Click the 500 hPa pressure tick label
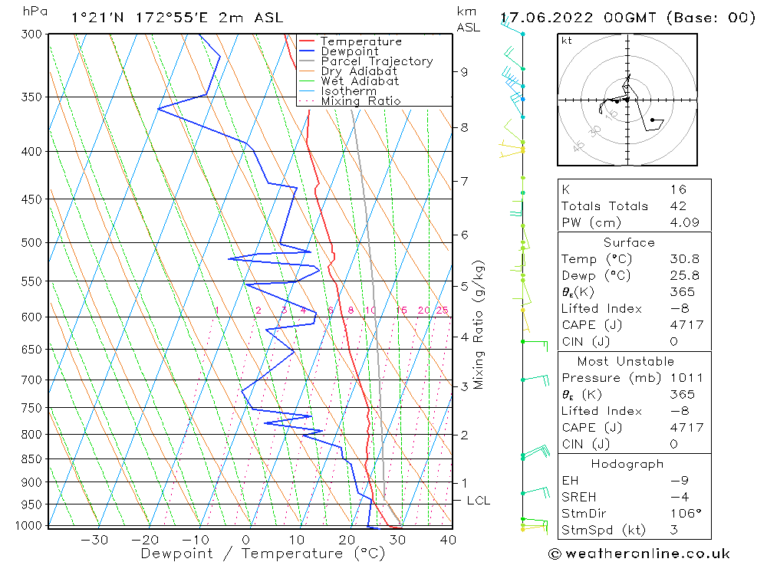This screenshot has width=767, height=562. coord(31,242)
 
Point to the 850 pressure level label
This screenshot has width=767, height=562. coord(31,458)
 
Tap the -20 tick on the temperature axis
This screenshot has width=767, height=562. coord(144,540)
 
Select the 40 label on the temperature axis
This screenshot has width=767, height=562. coord(448,540)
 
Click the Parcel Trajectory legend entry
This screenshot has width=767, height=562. coord(377,61)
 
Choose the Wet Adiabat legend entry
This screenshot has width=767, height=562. coord(360,81)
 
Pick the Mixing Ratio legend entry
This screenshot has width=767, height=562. coord(360,100)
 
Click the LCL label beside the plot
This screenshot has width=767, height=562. coord(479,501)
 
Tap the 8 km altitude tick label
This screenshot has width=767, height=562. coord(464,127)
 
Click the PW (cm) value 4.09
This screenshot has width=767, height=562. coord(684,222)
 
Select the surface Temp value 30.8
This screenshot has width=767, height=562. coord(684,258)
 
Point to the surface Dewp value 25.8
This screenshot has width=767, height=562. coord(684,275)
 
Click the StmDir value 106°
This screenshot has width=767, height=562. coord(686,513)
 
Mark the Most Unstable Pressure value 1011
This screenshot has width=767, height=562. coord(686,377)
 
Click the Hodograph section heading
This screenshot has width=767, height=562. coord(627,464)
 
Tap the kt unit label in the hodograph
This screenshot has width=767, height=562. coord(567,41)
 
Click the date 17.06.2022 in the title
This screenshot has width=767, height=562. coord(546,18)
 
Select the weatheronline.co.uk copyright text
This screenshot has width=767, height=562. coord(639,554)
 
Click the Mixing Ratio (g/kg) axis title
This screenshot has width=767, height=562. coord(478,325)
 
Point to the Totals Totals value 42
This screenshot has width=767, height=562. coord(678,206)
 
